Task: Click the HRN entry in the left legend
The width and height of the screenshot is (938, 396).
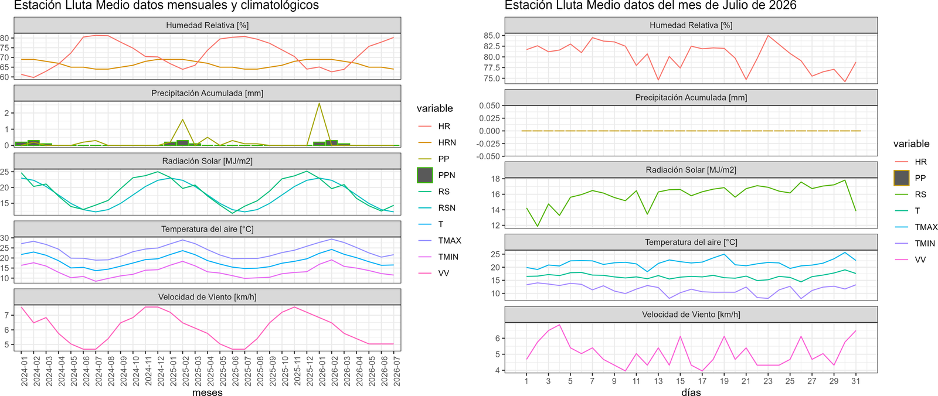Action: (x=447, y=142)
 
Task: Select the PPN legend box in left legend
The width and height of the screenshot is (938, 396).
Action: (x=424, y=175)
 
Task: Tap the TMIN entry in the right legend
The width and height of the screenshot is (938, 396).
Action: (x=925, y=243)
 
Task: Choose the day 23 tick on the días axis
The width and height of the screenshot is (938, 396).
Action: (x=767, y=381)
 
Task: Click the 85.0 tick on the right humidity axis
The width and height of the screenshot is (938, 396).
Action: (x=491, y=36)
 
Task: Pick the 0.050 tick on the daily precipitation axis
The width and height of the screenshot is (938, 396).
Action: (x=490, y=105)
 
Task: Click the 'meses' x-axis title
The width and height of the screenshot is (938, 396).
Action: (x=208, y=392)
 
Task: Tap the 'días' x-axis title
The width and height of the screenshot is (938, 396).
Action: (x=691, y=392)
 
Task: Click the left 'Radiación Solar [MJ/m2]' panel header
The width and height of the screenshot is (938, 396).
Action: (x=208, y=161)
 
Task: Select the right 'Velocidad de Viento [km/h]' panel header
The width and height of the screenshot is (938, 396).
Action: (x=691, y=315)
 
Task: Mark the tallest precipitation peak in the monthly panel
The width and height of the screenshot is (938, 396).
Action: (x=319, y=104)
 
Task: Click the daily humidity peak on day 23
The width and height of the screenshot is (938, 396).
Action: (x=767, y=36)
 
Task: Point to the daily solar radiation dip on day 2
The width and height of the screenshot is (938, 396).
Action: (x=537, y=227)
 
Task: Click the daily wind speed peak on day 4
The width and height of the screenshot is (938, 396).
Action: (x=559, y=325)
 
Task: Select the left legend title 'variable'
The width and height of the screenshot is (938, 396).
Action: (x=434, y=108)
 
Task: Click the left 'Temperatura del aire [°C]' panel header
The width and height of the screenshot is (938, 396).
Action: (x=208, y=229)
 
